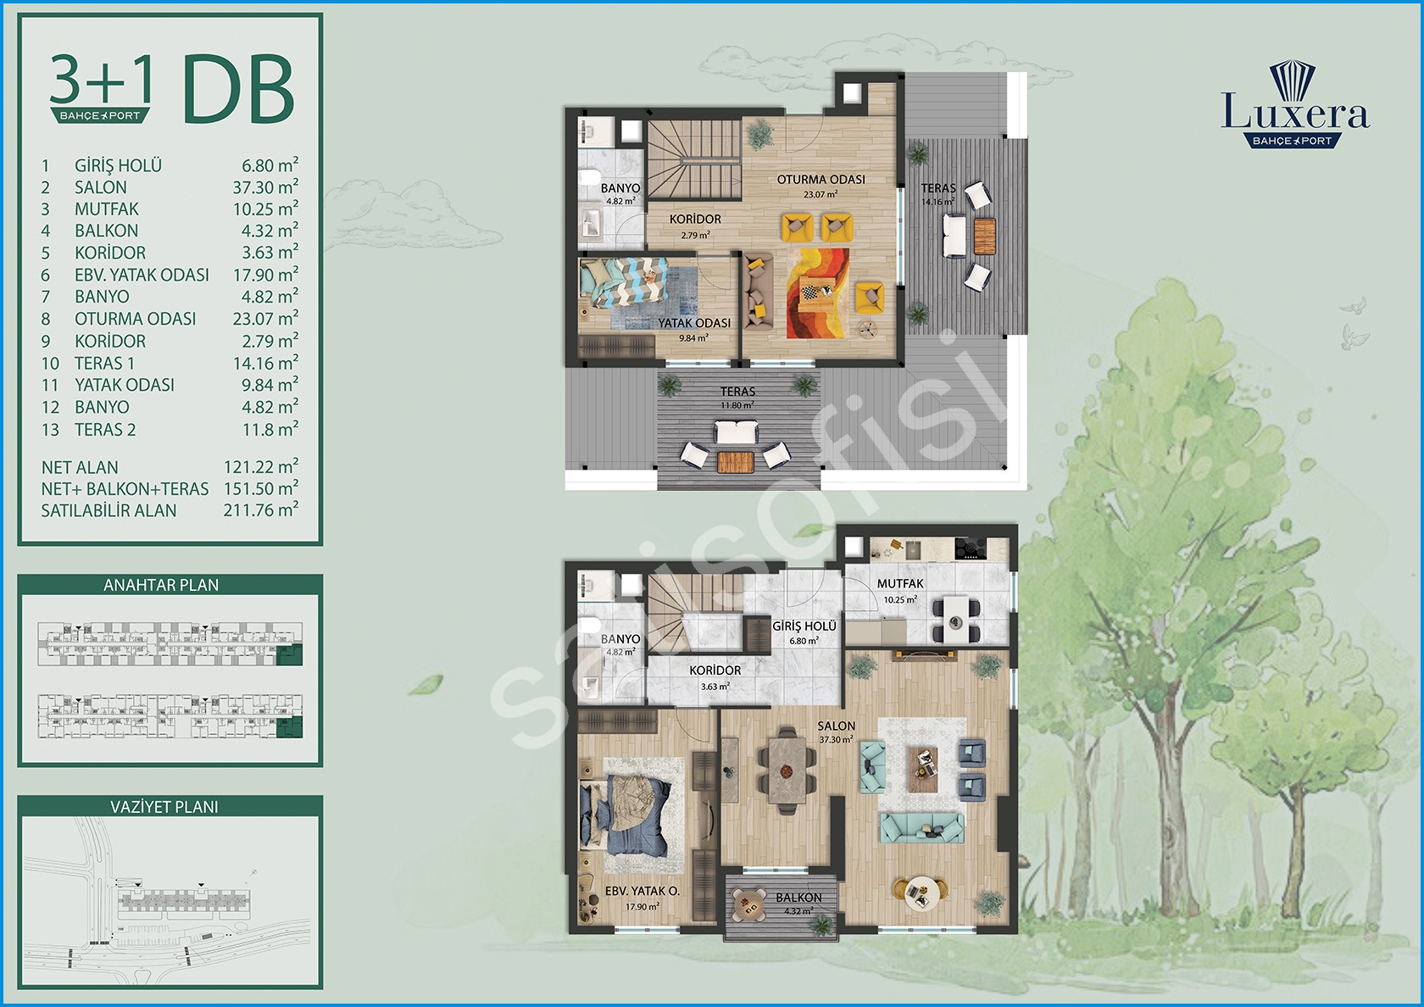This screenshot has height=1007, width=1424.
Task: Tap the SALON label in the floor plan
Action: [x=836, y=726]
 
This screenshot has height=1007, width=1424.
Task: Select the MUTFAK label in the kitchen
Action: [x=900, y=583]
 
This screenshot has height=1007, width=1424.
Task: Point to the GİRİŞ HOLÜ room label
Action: [x=804, y=626]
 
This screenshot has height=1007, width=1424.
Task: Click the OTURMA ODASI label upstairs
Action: [x=820, y=180]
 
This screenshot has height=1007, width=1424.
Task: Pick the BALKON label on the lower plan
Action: [x=798, y=898]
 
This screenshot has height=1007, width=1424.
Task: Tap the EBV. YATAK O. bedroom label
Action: [x=642, y=892]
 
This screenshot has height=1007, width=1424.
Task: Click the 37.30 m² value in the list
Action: [x=265, y=186]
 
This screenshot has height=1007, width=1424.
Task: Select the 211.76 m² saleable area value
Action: [x=261, y=510]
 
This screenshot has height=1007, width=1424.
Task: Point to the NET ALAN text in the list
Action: [x=80, y=468]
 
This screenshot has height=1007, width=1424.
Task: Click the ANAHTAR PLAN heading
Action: [x=161, y=585]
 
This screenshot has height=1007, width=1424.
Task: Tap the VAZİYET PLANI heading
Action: [x=164, y=807]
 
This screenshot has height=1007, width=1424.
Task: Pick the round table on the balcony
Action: [x=748, y=904]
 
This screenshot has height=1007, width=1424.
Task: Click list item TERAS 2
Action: [x=105, y=430]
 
